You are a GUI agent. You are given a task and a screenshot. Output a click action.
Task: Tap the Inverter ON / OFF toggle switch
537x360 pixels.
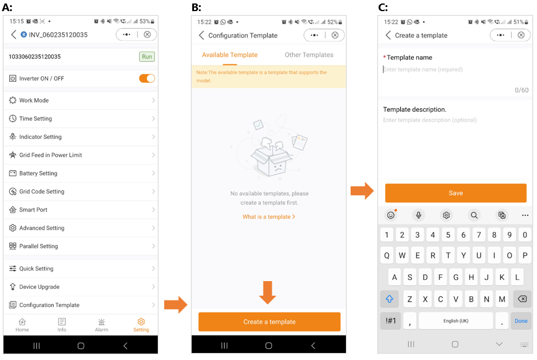[x=147, y=78]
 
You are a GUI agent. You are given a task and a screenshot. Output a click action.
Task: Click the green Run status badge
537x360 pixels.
[x=147, y=57]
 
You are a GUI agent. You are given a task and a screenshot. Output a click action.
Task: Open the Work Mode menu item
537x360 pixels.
[x=81, y=101]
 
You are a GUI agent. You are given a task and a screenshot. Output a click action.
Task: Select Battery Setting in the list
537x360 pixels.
[x=81, y=174]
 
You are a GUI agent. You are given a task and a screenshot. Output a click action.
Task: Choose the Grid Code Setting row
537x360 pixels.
[x=81, y=192]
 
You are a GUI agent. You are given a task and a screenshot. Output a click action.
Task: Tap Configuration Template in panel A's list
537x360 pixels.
[x=81, y=305]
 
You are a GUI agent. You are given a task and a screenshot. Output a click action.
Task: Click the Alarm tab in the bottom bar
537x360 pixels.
[x=101, y=325]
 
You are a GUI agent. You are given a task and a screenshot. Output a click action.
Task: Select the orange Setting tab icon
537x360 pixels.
[x=141, y=321]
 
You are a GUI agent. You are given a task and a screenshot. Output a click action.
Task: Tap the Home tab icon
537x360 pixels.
[x=22, y=321]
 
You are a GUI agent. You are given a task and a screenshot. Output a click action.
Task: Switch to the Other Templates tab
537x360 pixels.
[x=309, y=55]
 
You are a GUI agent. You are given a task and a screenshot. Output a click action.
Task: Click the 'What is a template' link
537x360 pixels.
[x=269, y=217]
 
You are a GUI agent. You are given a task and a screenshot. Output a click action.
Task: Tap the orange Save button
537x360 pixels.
[x=456, y=193]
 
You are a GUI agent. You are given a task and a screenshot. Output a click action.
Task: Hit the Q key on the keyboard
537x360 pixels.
[x=387, y=255]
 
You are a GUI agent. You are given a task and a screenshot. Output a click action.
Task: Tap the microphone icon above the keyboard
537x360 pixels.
[x=418, y=215]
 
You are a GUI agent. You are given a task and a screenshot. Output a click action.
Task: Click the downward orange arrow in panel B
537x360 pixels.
[x=268, y=293]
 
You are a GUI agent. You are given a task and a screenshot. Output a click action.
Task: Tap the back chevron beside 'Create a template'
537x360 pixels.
[x=388, y=35]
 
